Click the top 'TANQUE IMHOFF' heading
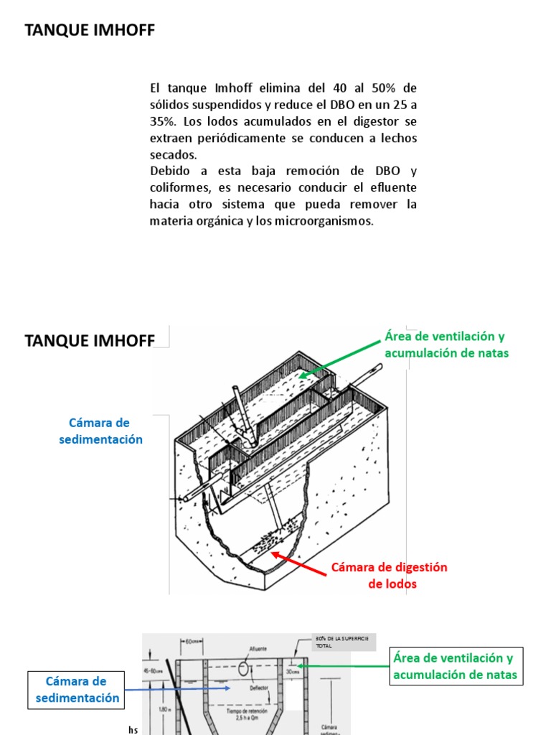[90, 30]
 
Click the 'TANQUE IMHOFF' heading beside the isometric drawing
[90, 340]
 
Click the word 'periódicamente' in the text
[233, 138]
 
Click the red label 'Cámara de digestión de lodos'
[389, 575]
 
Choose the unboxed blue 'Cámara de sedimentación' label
[100, 431]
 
